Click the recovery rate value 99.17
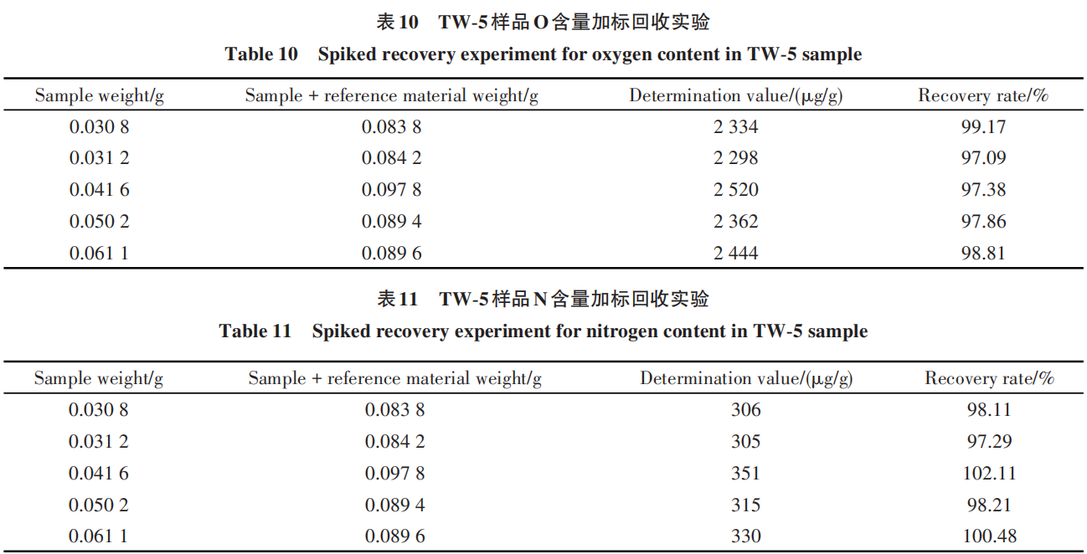(x=983, y=127)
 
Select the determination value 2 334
(x=735, y=127)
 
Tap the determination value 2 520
(x=735, y=190)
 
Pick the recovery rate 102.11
(x=989, y=474)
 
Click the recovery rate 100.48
(x=989, y=536)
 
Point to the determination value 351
(x=745, y=474)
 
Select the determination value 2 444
(x=735, y=254)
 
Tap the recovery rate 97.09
(x=983, y=158)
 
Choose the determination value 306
(x=745, y=410)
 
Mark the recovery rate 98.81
(x=983, y=254)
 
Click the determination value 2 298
(x=735, y=158)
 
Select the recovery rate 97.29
(x=989, y=442)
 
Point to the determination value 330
(x=745, y=536)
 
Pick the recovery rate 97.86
(x=983, y=222)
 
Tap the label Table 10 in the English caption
(x=261, y=55)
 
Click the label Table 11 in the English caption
(x=255, y=331)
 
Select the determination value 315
(x=745, y=505)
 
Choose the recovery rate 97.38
(x=983, y=190)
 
